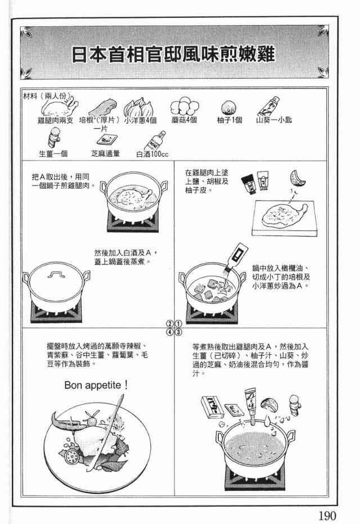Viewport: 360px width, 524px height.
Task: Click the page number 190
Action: [x=327, y=515]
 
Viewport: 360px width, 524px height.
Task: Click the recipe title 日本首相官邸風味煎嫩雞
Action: [x=173, y=54]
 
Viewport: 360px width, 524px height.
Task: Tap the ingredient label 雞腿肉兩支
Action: [x=55, y=120]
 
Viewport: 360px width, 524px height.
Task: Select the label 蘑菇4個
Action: [x=184, y=120]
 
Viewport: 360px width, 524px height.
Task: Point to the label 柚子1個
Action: [x=229, y=120]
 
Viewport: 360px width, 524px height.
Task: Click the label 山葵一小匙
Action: [x=274, y=120]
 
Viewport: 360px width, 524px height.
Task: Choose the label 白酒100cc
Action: [x=152, y=154]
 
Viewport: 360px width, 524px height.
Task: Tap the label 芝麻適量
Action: [x=105, y=153]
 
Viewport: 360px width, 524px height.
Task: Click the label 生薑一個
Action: [x=53, y=153]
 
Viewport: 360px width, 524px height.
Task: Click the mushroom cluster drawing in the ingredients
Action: [x=184, y=106]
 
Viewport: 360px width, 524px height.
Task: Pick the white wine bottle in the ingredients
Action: [x=155, y=141]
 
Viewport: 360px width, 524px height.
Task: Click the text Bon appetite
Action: [x=96, y=385]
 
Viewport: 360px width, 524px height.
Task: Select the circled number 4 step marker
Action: [x=170, y=332]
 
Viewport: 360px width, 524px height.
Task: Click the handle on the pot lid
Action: [x=56, y=275]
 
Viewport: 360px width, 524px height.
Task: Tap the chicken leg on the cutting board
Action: [x=284, y=215]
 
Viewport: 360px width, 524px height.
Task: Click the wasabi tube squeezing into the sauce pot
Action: [x=251, y=403]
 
